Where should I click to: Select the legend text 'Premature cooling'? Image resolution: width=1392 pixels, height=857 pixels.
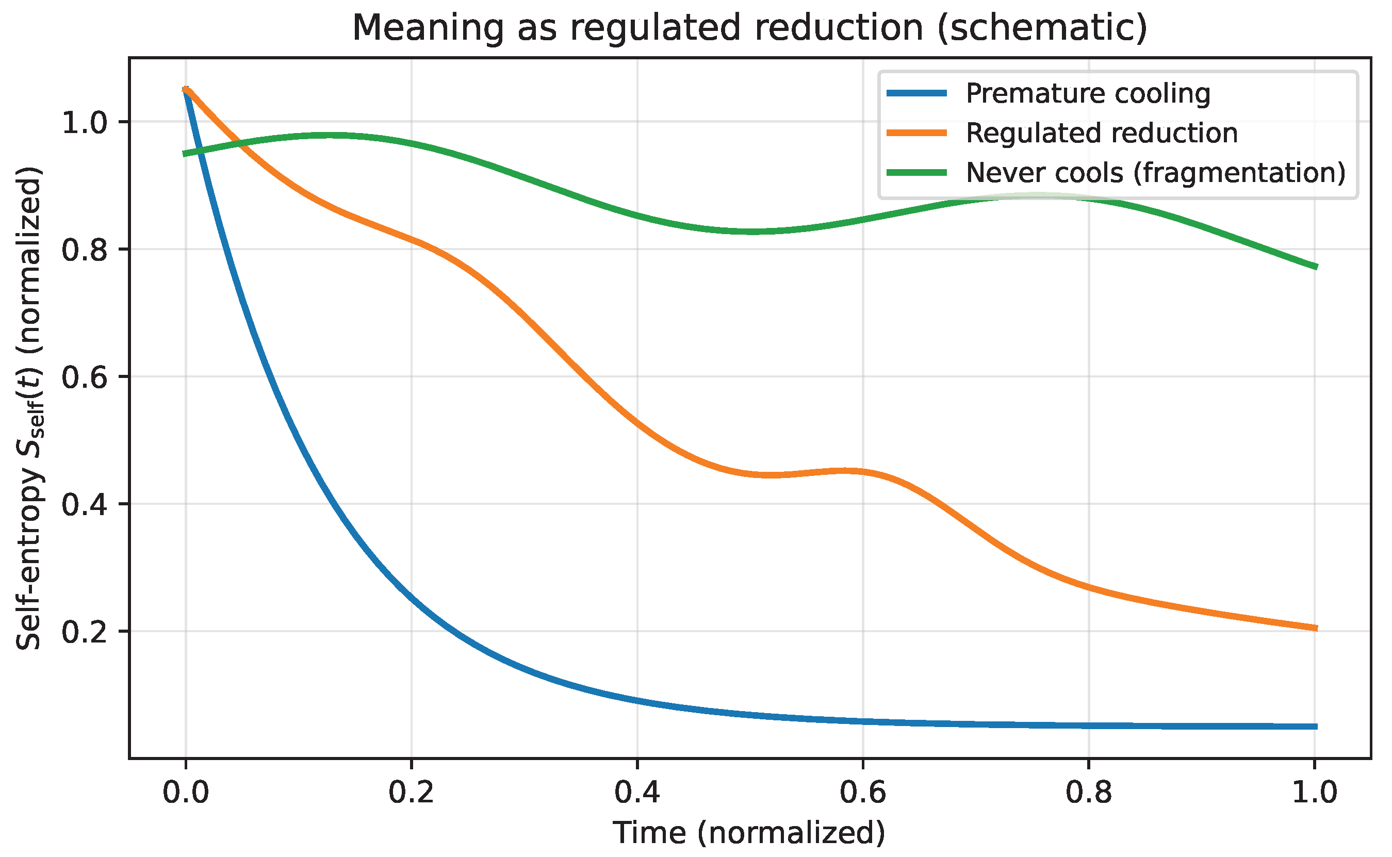click(1088, 93)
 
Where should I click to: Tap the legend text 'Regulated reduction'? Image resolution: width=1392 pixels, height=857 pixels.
click(1101, 133)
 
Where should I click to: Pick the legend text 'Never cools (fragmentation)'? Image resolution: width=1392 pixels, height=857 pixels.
click(1155, 173)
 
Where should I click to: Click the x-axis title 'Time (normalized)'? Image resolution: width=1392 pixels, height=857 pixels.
click(749, 833)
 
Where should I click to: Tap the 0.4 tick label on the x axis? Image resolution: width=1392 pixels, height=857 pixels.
click(637, 793)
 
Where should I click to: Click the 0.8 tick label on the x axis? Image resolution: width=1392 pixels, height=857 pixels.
click(1089, 793)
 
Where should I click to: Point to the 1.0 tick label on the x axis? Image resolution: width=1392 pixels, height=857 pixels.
click(1314, 793)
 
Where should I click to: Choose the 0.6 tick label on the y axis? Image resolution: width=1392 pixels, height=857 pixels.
click(85, 377)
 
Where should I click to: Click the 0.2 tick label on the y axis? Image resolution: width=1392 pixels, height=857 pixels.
click(85, 632)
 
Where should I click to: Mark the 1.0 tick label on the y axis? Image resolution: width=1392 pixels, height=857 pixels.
click(85, 122)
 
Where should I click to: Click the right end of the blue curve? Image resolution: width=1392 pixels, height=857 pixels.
click(1316, 727)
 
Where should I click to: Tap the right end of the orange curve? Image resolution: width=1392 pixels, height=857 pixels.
click(1316, 628)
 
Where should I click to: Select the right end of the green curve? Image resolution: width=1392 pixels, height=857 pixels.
click(1316, 267)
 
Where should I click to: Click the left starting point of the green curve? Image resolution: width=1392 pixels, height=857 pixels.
click(184, 154)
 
